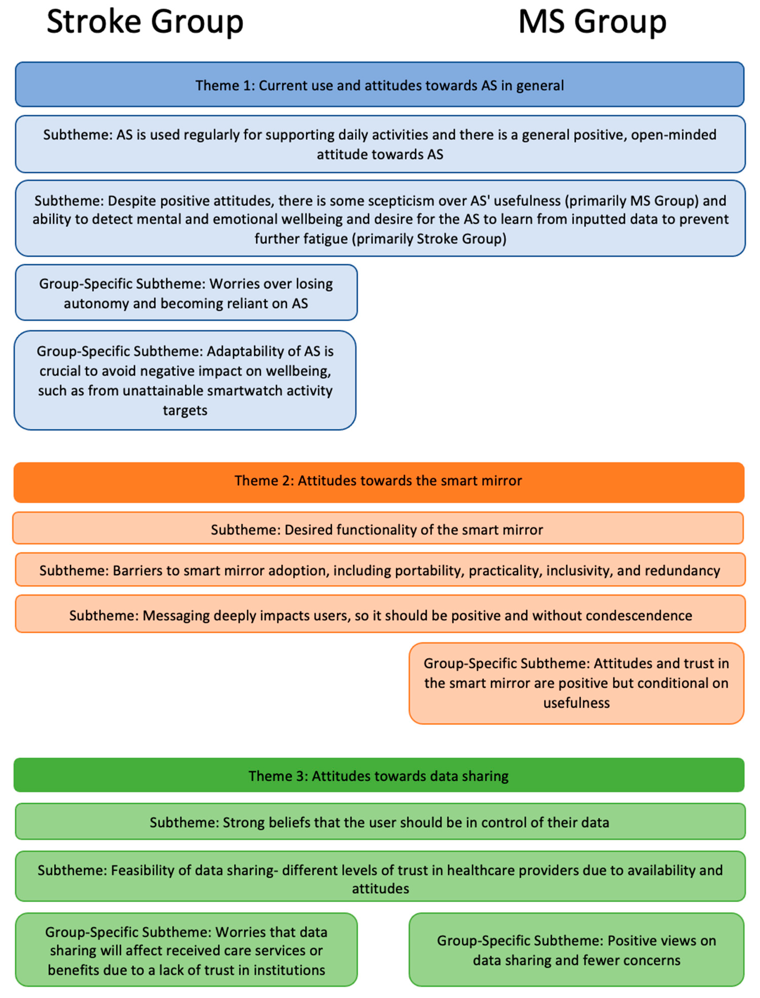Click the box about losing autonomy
[x=186, y=293]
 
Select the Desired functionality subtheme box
[x=378, y=529]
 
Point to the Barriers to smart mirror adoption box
[x=380, y=570]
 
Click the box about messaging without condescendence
[x=380, y=614]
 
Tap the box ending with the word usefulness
[x=576, y=683]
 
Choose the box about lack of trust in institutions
[x=186, y=950]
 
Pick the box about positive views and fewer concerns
[x=576, y=950]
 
